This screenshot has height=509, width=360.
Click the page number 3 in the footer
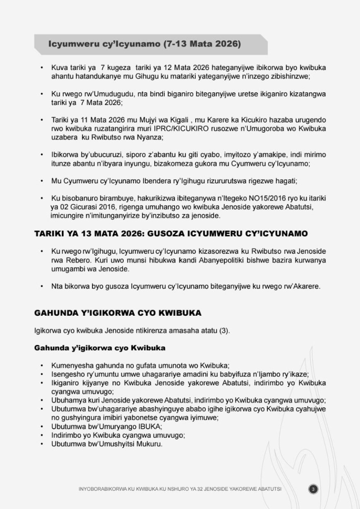tap(313, 489)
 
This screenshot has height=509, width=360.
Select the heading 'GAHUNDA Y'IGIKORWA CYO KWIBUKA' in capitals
tap(118, 313)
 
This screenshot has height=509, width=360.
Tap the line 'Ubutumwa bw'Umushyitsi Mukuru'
tap(107, 444)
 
